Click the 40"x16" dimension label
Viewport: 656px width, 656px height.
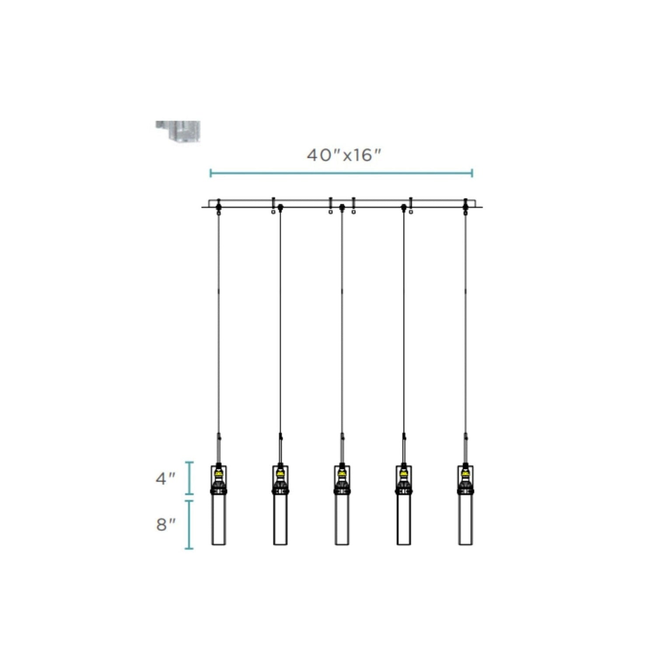click(x=344, y=155)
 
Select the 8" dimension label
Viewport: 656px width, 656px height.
click(x=166, y=524)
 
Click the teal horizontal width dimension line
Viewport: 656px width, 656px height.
click(x=341, y=173)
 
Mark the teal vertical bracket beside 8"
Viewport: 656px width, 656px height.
click(x=189, y=524)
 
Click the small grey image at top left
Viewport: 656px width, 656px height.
click(x=178, y=132)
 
